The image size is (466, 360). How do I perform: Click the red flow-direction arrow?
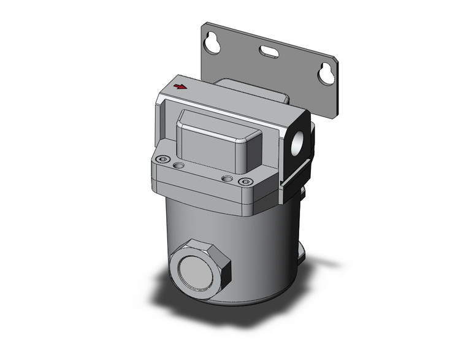(x=180, y=86)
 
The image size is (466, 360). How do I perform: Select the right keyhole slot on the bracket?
(x=325, y=74)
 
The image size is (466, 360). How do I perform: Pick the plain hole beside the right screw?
(x=227, y=178)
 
